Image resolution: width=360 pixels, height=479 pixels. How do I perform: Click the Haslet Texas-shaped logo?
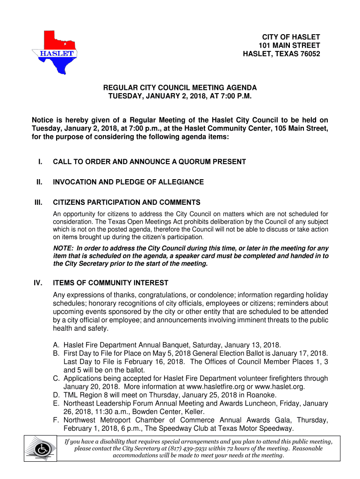54,52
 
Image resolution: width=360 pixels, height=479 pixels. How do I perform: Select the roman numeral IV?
37,283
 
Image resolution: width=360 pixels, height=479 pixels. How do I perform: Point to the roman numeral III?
37,203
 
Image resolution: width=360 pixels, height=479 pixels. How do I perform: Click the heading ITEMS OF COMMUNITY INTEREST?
110,283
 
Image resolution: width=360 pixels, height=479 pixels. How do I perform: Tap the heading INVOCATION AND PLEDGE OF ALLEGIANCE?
128,182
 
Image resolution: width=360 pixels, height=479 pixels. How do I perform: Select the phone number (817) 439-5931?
184,448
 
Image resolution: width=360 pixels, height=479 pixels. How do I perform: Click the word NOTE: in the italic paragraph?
63,248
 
